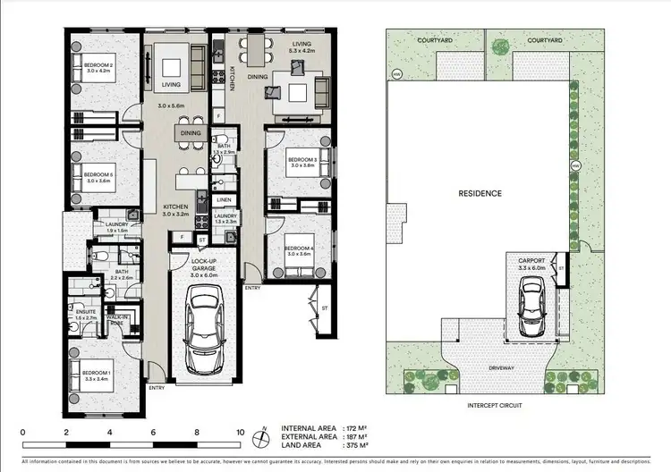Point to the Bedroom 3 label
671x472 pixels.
click(x=302, y=163)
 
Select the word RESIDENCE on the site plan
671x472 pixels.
click(x=480, y=193)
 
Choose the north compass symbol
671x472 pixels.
click(x=260, y=437)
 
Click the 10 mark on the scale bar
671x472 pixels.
click(x=239, y=432)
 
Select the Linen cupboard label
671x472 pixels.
click(x=225, y=199)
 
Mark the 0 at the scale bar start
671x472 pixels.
click(x=22, y=432)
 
